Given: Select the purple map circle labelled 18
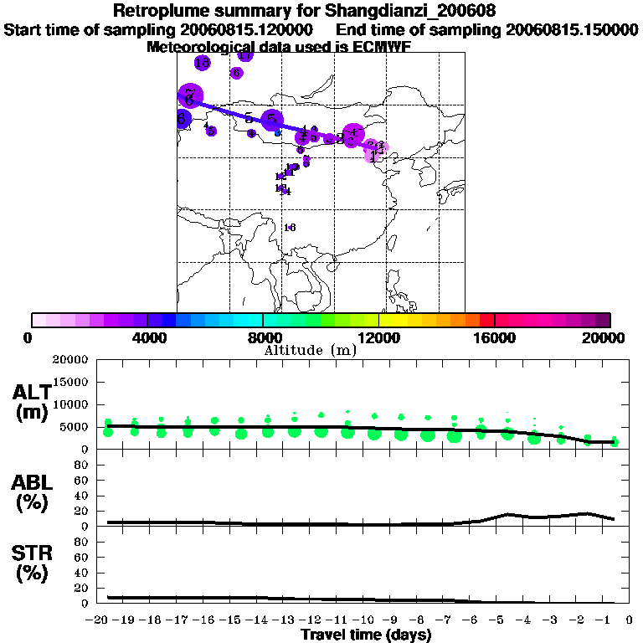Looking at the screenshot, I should pyautogui.click(x=203, y=63).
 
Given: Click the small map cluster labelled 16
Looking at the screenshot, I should pyautogui.click(x=290, y=228).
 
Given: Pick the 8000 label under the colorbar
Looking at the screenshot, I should pyautogui.click(x=263, y=337).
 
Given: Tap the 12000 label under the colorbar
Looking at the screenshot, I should pyautogui.click(x=378, y=337).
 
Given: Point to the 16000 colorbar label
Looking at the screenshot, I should pyautogui.click(x=494, y=337).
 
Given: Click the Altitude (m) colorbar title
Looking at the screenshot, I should pyautogui.click(x=310, y=350).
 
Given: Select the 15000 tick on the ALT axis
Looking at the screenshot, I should pyautogui.click(x=71, y=382).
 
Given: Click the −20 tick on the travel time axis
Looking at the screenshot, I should pyautogui.click(x=101, y=620).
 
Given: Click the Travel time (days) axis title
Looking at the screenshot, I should pyautogui.click(x=366, y=635).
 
